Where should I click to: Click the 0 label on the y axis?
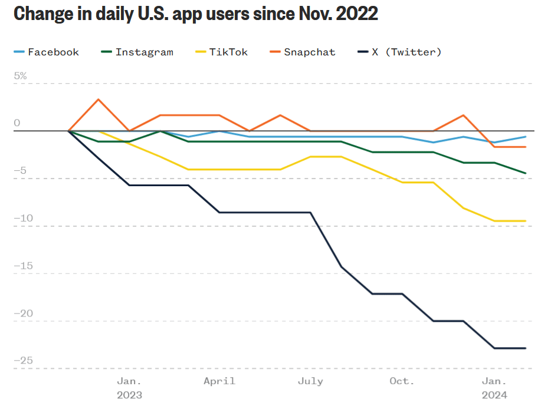[17, 123]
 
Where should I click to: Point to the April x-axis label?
[219, 381]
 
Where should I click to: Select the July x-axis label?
[310, 381]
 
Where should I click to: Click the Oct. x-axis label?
[402, 381]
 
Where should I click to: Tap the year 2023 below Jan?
[129, 395]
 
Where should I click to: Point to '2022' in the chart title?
[356, 14]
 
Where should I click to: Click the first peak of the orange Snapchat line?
[99, 99]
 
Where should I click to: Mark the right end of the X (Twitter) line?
[525, 348]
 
